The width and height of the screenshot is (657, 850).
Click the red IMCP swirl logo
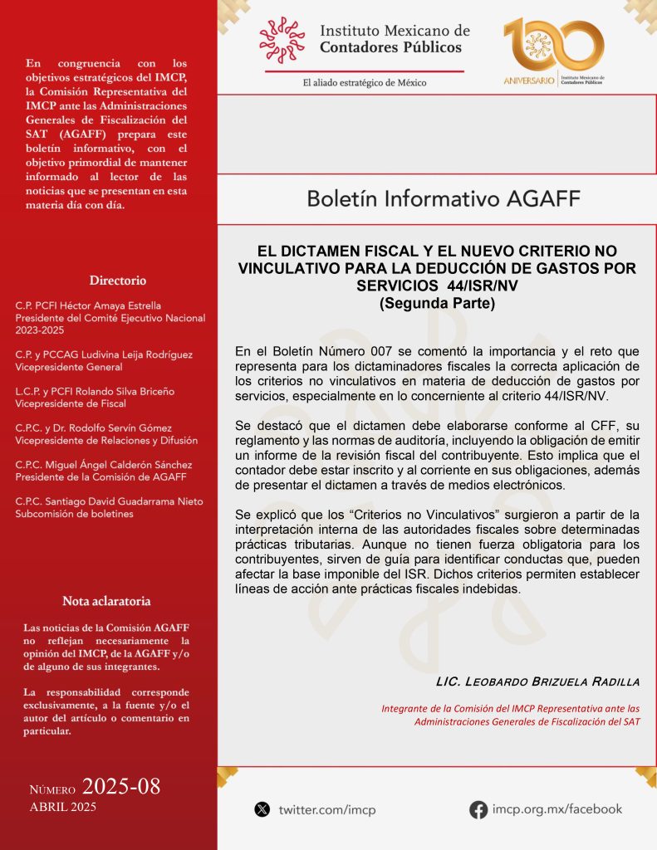(282, 39)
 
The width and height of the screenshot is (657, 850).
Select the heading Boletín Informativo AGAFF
(444, 198)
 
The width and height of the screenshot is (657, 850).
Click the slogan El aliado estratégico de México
(365, 82)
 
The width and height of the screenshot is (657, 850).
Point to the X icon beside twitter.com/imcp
(262, 809)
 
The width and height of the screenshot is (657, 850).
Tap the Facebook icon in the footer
(478, 809)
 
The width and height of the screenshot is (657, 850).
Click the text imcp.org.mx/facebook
(556, 809)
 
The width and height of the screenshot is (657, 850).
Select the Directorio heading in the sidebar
(118, 280)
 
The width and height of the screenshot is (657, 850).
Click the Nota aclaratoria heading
(106, 600)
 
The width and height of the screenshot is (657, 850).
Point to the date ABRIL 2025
(63, 807)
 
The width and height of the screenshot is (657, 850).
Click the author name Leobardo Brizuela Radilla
(537, 681)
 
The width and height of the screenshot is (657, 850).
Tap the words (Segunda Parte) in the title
(437, 303)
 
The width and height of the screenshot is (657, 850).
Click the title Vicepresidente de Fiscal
(66, 403)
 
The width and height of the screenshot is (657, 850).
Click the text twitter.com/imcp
(327, 809)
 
